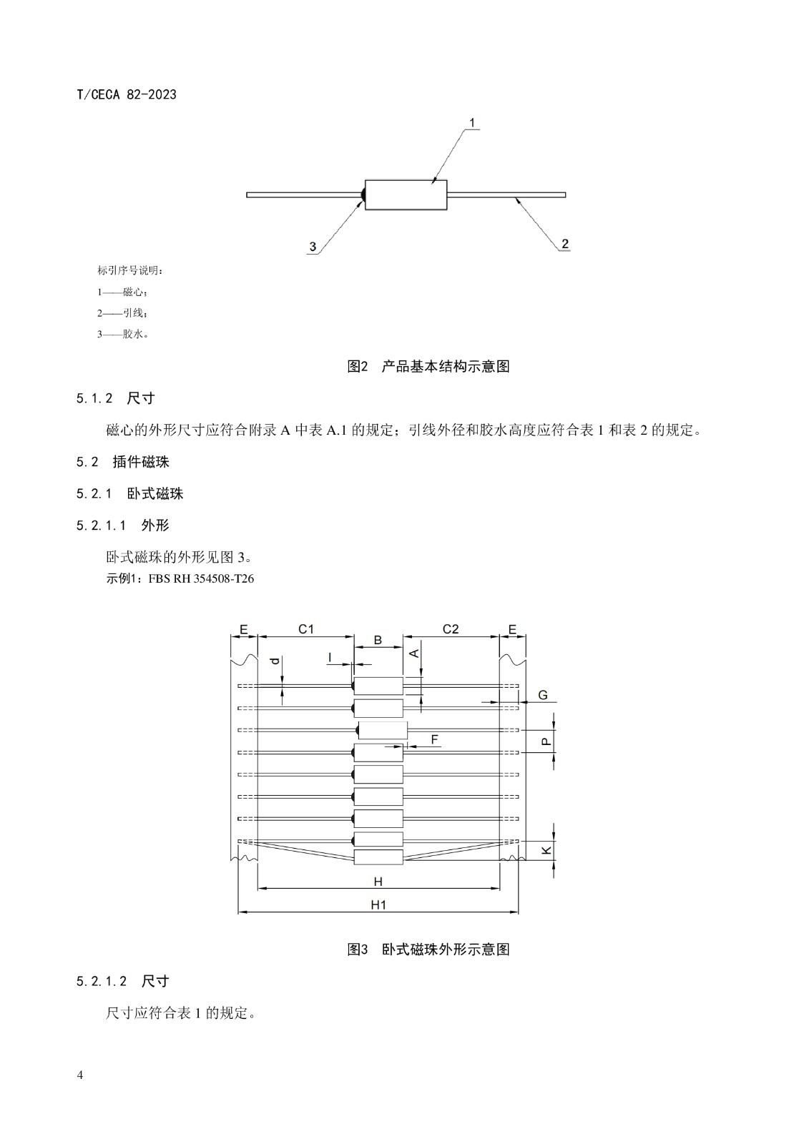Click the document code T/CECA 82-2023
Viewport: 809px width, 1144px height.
[126, 94]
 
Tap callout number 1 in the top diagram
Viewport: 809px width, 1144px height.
[472, 122]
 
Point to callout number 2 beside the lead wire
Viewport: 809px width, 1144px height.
[564, 244]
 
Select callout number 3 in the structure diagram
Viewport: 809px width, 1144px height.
[313, 247]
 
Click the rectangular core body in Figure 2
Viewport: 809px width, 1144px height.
[406, 194]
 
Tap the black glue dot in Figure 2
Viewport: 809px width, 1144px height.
[363, 194]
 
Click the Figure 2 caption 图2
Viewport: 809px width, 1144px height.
[358, 366]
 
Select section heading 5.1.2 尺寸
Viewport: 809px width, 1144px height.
[115, 398]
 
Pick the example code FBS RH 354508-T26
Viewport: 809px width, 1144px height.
[201, 578]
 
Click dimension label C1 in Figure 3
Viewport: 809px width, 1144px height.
[305, 629]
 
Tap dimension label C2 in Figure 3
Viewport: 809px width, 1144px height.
[450, 629]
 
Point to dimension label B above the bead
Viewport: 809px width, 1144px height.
[378, 640]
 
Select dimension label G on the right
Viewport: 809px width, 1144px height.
[543, 695]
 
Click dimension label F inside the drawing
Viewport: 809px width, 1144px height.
[435, 739]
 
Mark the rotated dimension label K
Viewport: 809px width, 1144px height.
[546, 850]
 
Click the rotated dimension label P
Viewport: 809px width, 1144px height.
[546, 741]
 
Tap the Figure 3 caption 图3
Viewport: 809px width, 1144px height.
[358, 950]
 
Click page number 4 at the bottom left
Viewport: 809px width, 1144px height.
[79, 1075]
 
